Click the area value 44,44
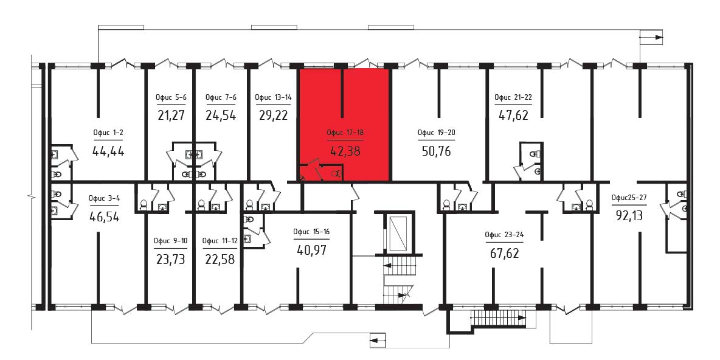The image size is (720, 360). point(108,151)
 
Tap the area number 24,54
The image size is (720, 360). point(220,116)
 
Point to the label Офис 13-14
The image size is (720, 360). point(274,97)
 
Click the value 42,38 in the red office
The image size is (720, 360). point(345,151)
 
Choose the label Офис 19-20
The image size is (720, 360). point(436,133)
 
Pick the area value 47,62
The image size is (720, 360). point(513,115)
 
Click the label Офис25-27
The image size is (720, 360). point(629,198)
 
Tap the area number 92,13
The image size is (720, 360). point(629,215)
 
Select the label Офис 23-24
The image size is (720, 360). point(504,235)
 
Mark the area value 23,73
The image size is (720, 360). point(170,259)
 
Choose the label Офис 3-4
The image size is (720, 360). point(104,198)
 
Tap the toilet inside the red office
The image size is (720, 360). point(335,173)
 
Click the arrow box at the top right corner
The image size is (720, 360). point(652,36)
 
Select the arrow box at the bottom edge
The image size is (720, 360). point(377,341)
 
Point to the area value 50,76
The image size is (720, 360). point(437,151)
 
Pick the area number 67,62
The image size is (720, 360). point(504,253)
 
